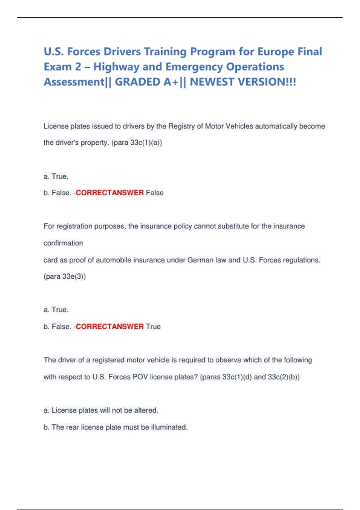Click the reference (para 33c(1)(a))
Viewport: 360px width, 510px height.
(x=136, y=142)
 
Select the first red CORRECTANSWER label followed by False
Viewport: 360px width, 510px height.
(x=110, y=193)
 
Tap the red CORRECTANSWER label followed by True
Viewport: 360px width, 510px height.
(x=110, y=326)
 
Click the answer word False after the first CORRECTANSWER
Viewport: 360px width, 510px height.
(x=155, y=193)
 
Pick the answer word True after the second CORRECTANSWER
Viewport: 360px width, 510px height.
(x=153, y=326)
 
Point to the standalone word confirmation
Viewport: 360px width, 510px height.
(x=63, y=243)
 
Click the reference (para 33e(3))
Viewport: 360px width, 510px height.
(x=64, y=276)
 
